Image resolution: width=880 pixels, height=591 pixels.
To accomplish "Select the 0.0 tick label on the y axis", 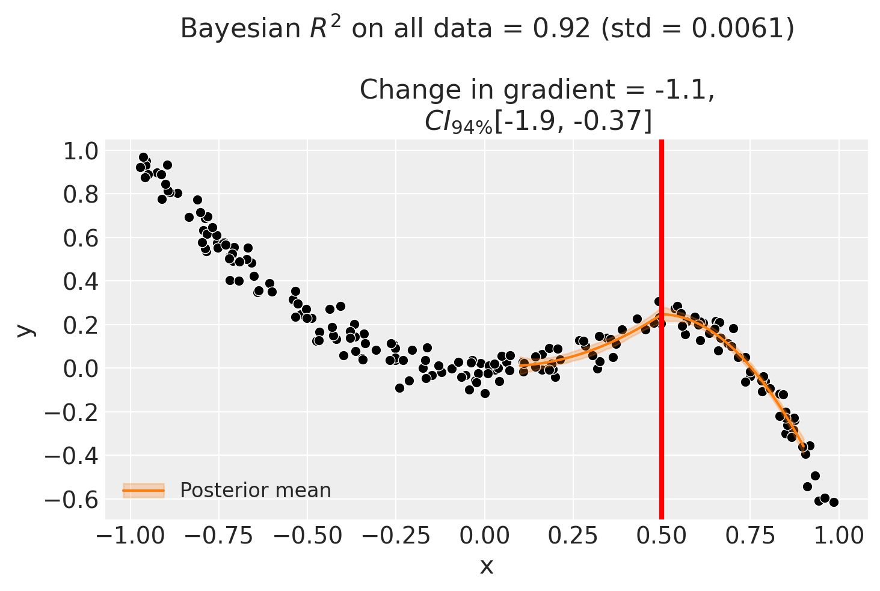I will tap(80, 368).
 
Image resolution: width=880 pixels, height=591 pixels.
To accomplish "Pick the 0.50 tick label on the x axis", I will tap(661, 534).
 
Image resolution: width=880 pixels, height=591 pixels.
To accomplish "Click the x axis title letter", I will tap(486, 566).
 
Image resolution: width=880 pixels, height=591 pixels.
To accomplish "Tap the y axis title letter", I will tap(24, 329).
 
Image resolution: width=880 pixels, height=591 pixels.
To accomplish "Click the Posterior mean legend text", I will tap(256, 491).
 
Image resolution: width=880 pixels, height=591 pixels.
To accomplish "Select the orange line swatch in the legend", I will tap(144, 491).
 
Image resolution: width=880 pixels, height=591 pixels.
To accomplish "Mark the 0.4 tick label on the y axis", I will tap(80, 281).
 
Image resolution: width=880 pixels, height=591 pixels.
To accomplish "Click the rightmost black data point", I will tap(834, 502).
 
